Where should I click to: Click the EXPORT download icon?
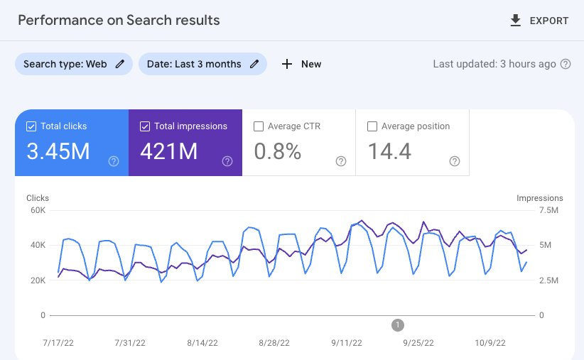click(516, 21)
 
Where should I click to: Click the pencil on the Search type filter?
click(120, 64)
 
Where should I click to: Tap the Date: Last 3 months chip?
click(202, 64)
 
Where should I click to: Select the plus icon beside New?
click(287, 64)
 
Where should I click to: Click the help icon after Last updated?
click(566, 64)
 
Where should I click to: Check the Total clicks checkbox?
click(31, 126)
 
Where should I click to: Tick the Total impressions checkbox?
click(145, 126)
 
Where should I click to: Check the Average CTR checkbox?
click(259, 126)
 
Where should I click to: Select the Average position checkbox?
click(372, 126)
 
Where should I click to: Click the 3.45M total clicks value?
click(58, 151)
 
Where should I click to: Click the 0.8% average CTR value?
click(278, 151)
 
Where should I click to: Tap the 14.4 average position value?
click(389, 151)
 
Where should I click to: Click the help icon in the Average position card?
click(455, 161)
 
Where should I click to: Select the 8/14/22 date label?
click(202, 342)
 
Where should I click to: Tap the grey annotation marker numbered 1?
click(398, 325)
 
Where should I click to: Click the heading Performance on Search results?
click(119, 20)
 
